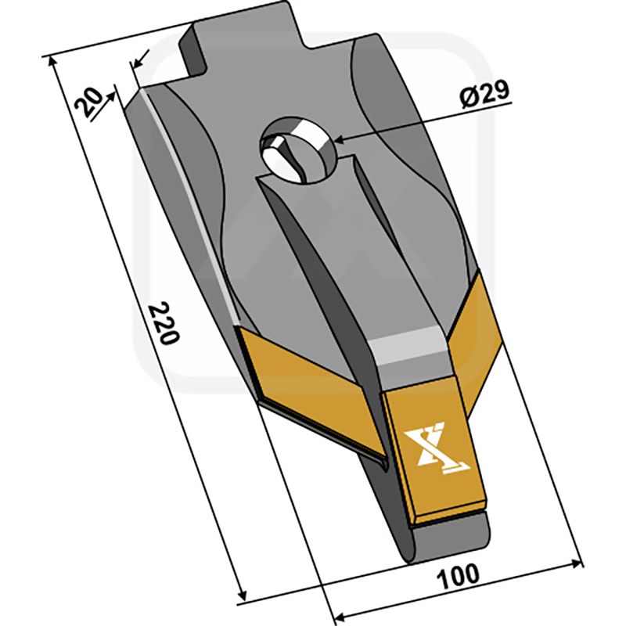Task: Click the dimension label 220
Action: coord(164,324)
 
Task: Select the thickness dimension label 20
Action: coord(88,103)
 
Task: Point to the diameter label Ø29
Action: coord(484,93)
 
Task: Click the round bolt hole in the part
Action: coord(298,150)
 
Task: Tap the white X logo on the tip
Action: coord(436,447)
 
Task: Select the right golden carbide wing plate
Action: coord(475,344)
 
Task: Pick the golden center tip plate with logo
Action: coord(435,449)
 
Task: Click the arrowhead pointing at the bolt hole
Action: coord(340,139)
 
